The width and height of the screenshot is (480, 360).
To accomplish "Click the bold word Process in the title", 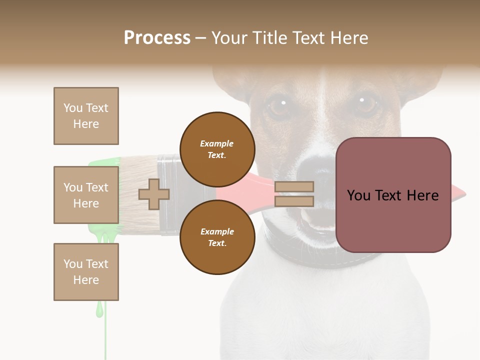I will pyautogui.click(x=157, y=38).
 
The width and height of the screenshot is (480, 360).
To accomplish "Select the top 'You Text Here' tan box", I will pyautogui.click(x=86, y=116).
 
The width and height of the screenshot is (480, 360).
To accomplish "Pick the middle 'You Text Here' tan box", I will pyautogui.click(x=86, y=195).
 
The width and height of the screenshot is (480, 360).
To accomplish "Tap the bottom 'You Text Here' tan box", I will pyautogui.click(x=86, y=272).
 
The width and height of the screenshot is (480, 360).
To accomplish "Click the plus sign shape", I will pyautogui.click(x=154, y=194).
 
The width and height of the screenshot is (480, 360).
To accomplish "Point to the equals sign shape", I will pyautogui.click(x=294, y=194).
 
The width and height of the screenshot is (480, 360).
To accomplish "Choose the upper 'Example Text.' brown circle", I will pyautogui.click(x=217, y=149).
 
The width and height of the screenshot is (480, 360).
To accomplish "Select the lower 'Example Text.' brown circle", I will pyautogui.click(x=217, y=237).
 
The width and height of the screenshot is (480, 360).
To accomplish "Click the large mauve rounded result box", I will pyautogui.click(x=393, y=195).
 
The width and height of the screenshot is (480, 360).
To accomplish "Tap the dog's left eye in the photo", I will pyautogui.click(x=278, y=105).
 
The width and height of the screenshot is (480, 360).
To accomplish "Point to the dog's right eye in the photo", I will pyautogui.click(x=366, y=103).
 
